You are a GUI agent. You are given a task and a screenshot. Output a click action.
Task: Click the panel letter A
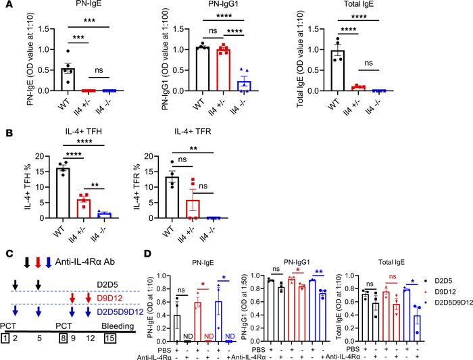click(5, 6)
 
